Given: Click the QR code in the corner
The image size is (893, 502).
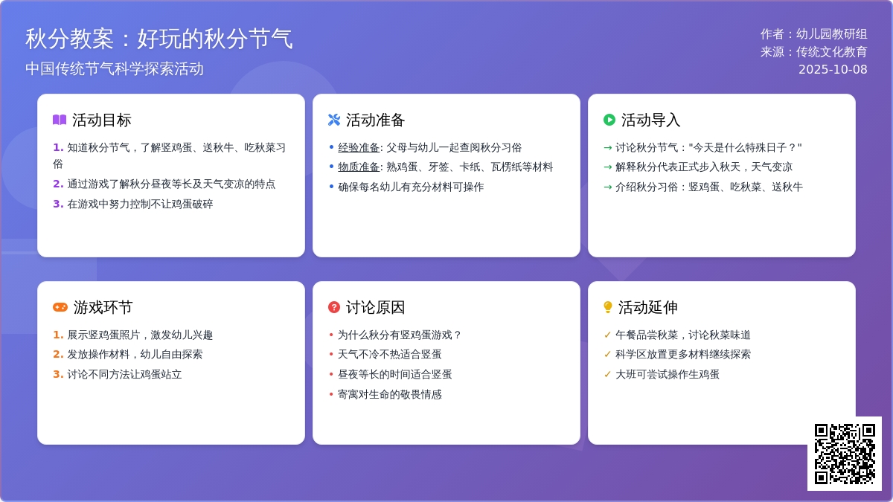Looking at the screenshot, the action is (x=845, y=454).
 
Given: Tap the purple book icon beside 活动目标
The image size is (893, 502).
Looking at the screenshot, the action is (x=60, y=120).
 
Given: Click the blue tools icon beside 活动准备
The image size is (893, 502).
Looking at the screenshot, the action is (x=334, y=120).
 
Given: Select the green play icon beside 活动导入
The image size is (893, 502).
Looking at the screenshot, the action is (x=609, y=120).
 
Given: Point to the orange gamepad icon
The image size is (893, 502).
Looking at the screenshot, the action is (x=60, y=307).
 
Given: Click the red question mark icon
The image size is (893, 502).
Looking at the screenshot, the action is (x=334, y=307).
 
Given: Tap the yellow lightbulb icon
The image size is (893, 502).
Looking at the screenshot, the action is (x=607, y=307).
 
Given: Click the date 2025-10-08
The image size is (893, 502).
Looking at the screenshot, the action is (x=833, y=69).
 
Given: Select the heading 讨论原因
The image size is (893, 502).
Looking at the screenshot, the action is (x=375, y=307).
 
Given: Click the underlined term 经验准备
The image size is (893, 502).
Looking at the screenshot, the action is (x=359, y=147).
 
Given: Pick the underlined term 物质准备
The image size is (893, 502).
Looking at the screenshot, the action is (x=359, y=167).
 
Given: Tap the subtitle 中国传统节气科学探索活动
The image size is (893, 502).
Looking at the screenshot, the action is (x=115, y=68).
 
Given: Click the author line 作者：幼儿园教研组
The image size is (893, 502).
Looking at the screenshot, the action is (x=813, y=34).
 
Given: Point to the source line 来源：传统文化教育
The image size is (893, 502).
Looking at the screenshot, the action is (x=813, y=52).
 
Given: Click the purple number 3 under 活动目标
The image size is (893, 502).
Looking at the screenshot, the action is (x=58, y=204).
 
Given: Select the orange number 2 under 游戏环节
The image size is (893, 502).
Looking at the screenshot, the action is (x=58, y=354).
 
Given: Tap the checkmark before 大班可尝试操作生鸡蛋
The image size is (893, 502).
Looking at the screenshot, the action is (x=607, y=374).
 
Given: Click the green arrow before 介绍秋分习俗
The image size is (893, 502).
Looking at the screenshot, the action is (x=608, y=187).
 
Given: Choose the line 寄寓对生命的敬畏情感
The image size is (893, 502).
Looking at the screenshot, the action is (x=389, y=394).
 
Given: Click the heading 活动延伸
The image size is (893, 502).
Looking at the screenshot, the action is (x=648, y=307).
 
